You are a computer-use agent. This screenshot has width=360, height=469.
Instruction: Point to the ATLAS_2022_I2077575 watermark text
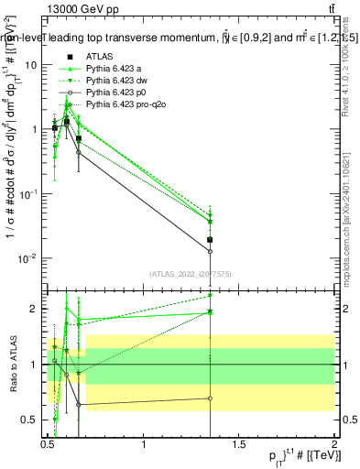click(x=191, y=273)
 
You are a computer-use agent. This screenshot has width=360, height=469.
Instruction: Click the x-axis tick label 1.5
click(x=240, y=444)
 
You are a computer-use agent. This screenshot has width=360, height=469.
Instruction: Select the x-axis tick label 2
click(x=334, y=444)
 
